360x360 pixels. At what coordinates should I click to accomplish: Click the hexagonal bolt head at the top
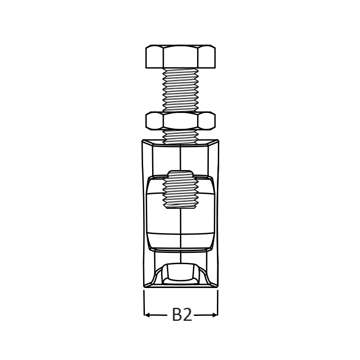(x=180, y=57)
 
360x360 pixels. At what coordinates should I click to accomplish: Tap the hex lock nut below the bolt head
(x=180, y=121)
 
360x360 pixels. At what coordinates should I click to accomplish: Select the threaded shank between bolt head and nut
(x=180, y=90)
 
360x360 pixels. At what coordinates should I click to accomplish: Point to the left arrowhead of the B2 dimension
(x=147, y=315)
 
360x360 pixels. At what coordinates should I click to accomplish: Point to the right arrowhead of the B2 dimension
(x=215, y=315)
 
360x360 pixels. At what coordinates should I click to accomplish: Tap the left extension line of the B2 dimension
(x=144, y=303)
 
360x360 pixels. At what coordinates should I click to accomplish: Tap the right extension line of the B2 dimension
(x=218, y=303)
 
